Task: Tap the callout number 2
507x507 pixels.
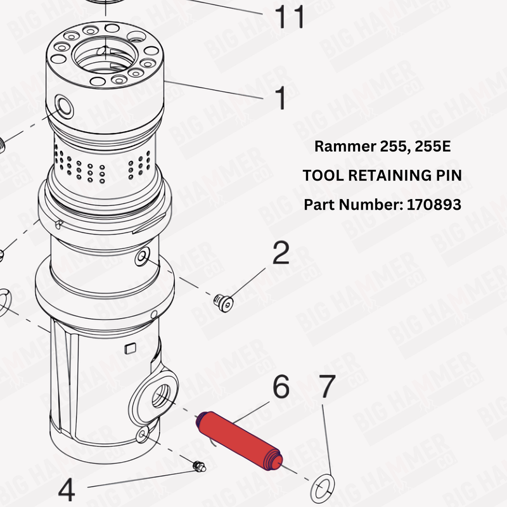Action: click(x=281, y=253)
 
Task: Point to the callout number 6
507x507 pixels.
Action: click(x=281, y=387)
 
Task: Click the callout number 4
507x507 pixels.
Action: click(x=67, y=490)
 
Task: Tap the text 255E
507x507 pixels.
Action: click(x=432, y=146)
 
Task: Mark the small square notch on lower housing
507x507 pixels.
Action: click(x=131, y=348)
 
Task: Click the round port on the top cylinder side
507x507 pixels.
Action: click(x=63, y=104)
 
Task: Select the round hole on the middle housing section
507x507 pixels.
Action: click(x=142, y=256)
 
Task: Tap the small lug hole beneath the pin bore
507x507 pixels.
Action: click(x=144, y=433)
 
